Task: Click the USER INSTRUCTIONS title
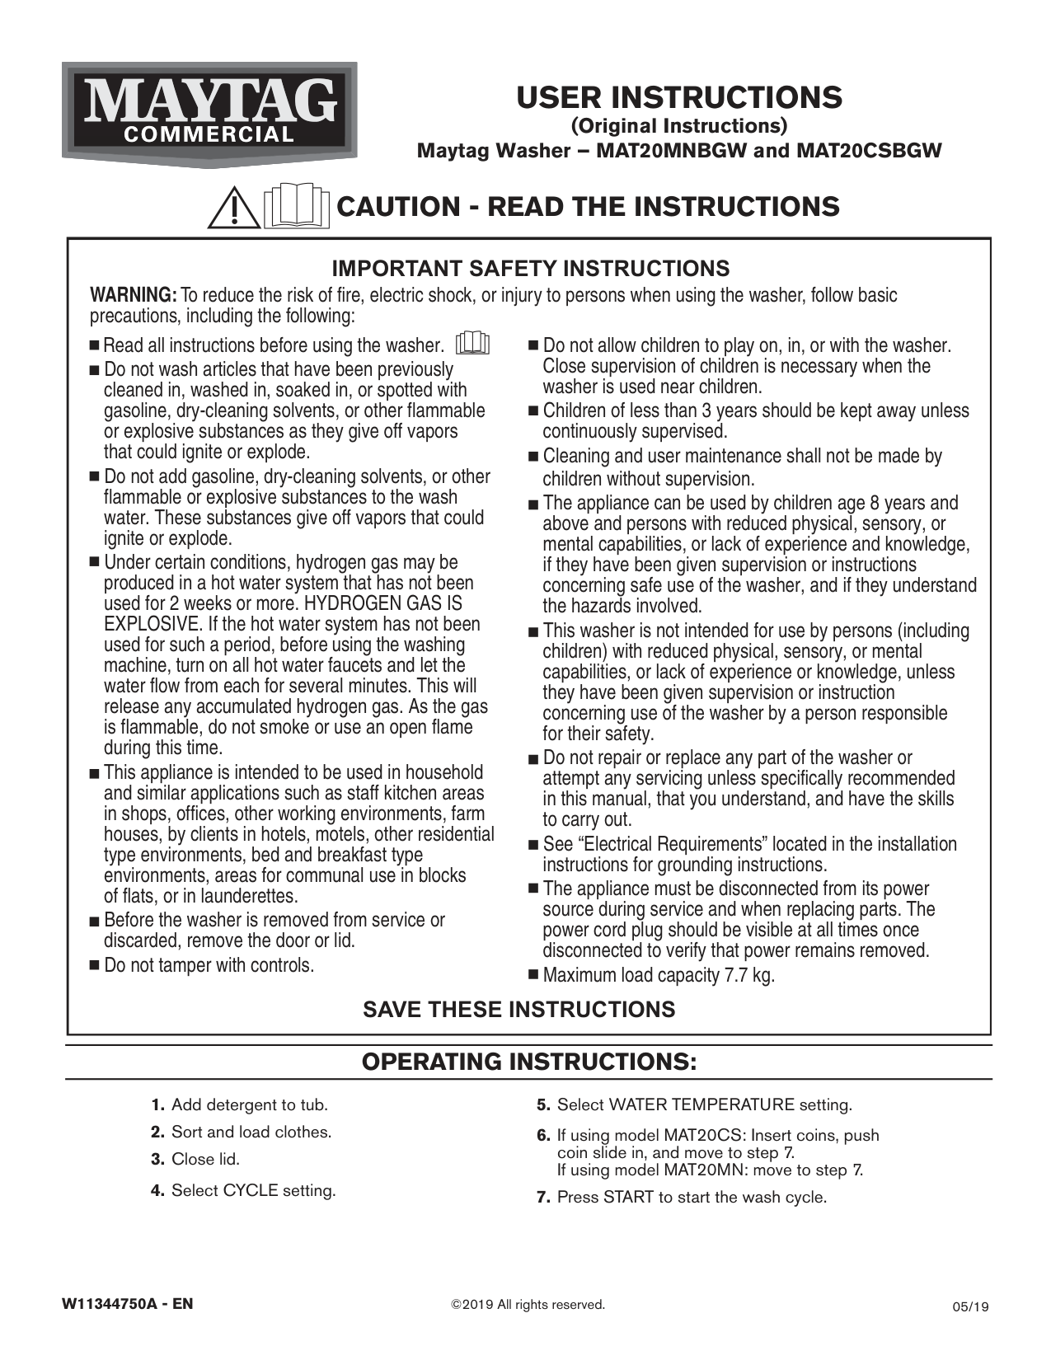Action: pyautogui.click(x=679, y=97)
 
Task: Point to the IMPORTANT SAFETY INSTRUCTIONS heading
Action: pyautogui.click(x=530, y=269)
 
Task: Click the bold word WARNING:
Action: pyautogui.click(x=133, y=295)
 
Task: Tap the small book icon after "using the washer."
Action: pyautogui.click(x=473, y=343)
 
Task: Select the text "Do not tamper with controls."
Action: pyautogui.click(x=209, y=965)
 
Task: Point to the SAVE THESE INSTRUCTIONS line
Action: pyautogui.click(x=519, y=1010)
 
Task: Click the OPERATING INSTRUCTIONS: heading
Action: pyautogui.click(x=529, y=1062)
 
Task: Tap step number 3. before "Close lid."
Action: pyautogui.click(x=159, y=1160)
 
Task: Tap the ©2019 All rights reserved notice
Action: pyautogui.click(x=528, y=1305)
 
